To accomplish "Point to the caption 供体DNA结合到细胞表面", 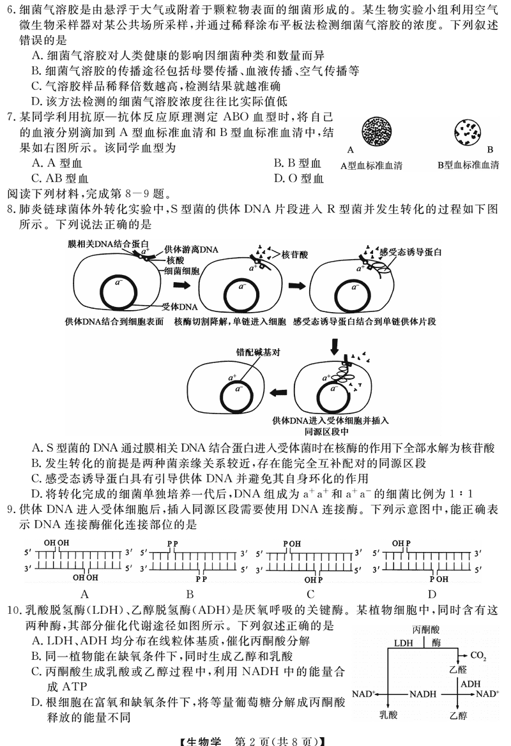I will (114, 322).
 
